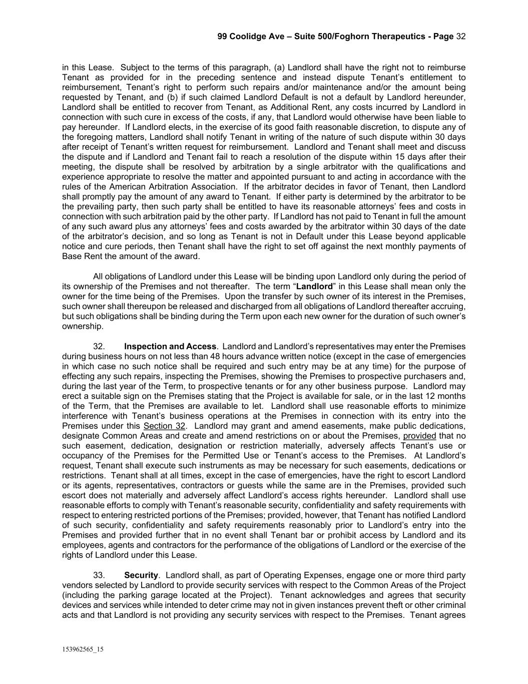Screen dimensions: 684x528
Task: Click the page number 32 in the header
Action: point(461,37)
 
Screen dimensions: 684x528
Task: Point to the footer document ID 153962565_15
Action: point(83,650)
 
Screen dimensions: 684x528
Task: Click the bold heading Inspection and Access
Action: point(170,346)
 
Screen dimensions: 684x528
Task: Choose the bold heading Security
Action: point(141,575)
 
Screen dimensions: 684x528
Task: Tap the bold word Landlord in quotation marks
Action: point(314,287)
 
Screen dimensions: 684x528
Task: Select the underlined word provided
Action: point(419,436)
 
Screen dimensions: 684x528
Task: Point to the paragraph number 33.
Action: point(99,575)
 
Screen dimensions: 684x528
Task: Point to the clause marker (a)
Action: point(279,68)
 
